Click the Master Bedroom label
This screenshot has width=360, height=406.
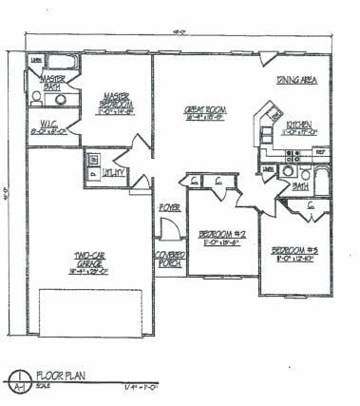(117, 100)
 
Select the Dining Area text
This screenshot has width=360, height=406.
(296, 80)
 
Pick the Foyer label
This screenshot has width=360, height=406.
(169, 204)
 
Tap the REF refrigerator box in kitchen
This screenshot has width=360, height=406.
(320, 151)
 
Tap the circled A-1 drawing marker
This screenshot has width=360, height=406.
(17, 381)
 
